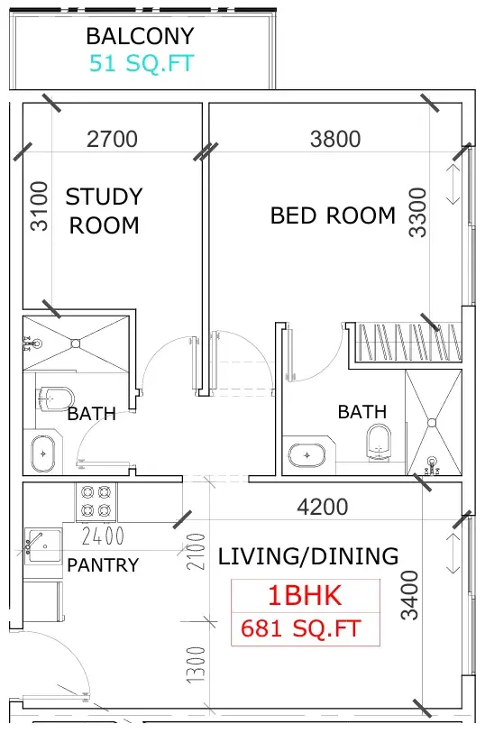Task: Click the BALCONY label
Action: pyautogui.click(x=140, y=36)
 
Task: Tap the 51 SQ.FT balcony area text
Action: pyautogui.click(x=142, y=64)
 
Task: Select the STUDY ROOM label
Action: pyautogui.click(x=104, y=211)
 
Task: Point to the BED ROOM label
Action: pyautogui.click(x=333, y=215)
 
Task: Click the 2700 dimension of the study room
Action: pyautogui.click(x=112, y=139)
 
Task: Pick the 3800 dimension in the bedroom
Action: pyautogui.click(x=335, y=139)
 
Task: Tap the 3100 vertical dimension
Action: pyautogui.click(x=40, y=206)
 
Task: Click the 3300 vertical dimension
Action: pyautogui.click(x=417, y=213)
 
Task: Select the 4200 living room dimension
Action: pyautogui.click(x=323, y=507)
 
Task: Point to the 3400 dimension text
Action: pyautogui.click(x=410, y=595)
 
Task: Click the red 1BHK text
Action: pyautogui.click(x=305, y=596)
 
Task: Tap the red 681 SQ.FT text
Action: pyautogui.click(x=301, y=628)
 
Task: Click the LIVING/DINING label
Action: pyautogui.click(x=308, y=556)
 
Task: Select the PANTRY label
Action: pyautogui.click(x=103, y=565)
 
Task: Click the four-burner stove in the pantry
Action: pyautogui.click(x=96, y=502)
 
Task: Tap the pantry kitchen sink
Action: pyautogui.click(x=42, y=545)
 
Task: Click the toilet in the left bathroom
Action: pyautogui.click(x=56, y=399)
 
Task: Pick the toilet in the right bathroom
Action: pyautogui.click(x=379, y=442)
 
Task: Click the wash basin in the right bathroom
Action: pyautogui.click(x=307, y=455)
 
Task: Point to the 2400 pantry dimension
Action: pyautogui.click(x=103, y=536)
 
